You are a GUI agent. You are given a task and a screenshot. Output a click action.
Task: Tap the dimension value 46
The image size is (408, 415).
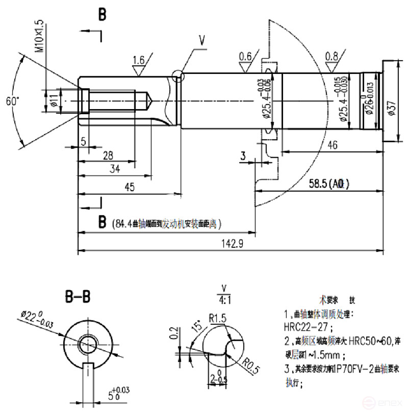pyautogui.click(x=332, y=145)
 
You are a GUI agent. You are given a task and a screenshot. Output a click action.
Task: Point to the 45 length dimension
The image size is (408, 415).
pyautogui.click(x=130, y=188)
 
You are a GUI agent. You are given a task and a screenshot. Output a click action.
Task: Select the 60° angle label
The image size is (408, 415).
pyautogui.click(x=12, y=101)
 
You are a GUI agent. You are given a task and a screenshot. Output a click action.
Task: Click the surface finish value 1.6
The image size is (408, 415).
pyautogui.click(x=139, y=61)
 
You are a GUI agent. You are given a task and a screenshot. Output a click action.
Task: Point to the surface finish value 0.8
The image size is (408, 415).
pyautogui.click(x=331, y=56)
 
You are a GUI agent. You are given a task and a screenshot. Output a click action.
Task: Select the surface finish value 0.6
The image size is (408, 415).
pyautogui.click(x=245, y=56)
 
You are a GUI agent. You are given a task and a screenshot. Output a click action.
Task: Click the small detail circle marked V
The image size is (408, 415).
pyautogui.click(x=178, y=76)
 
